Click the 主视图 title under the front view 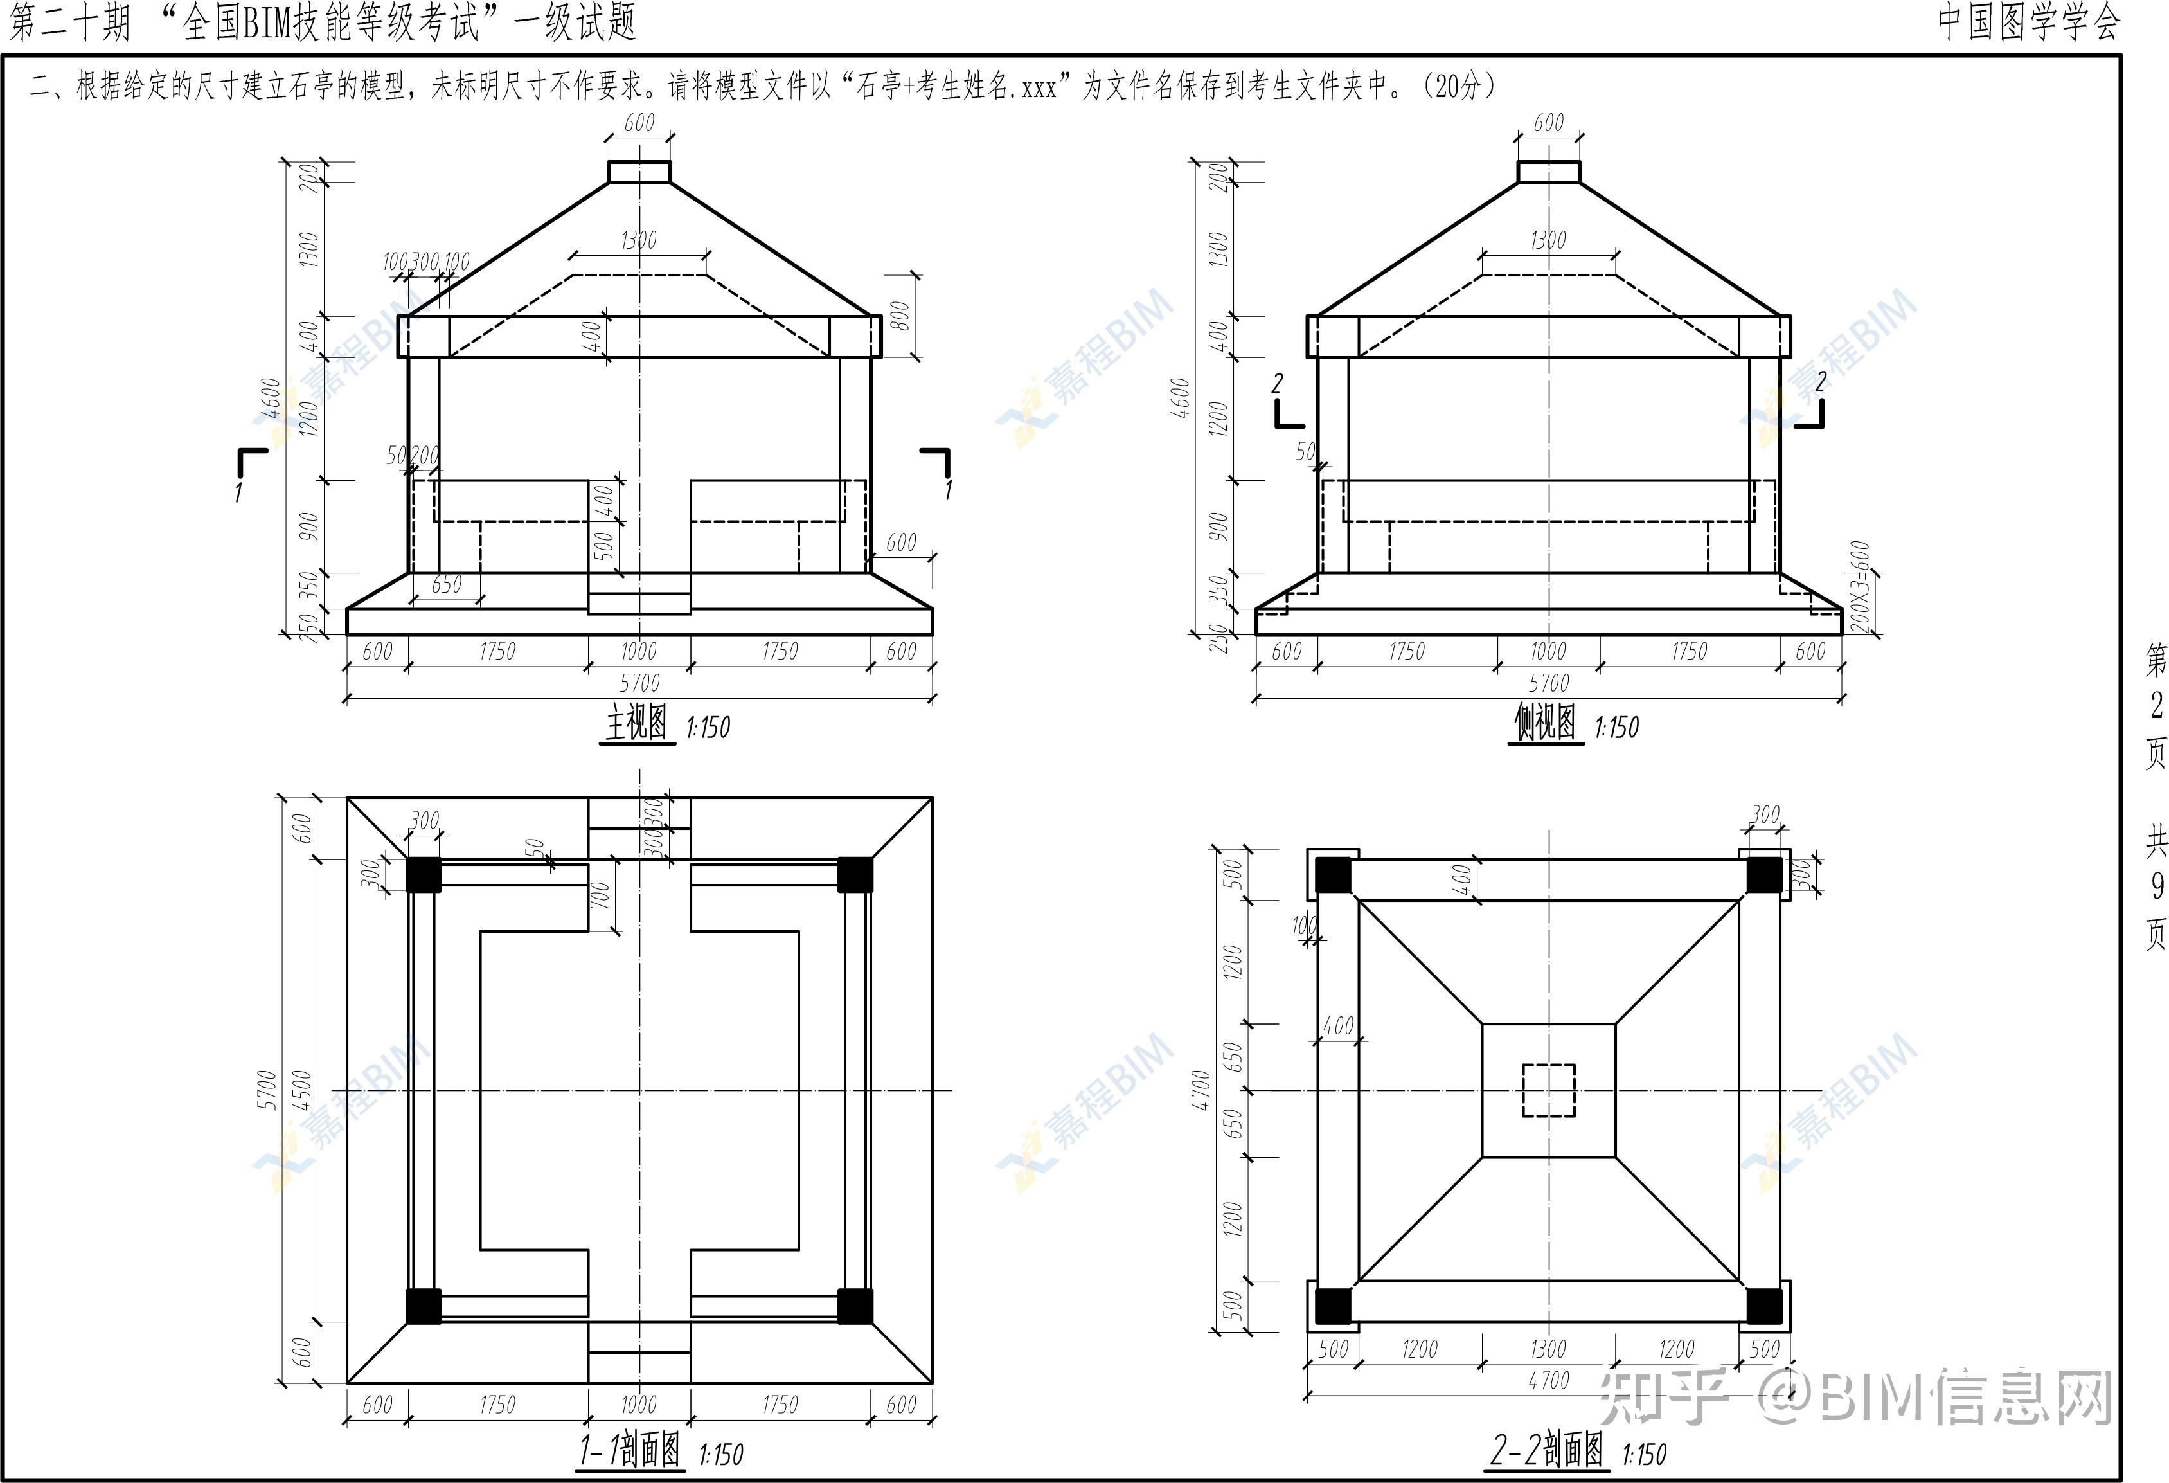point(636,723)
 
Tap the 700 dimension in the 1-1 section point(600,895)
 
